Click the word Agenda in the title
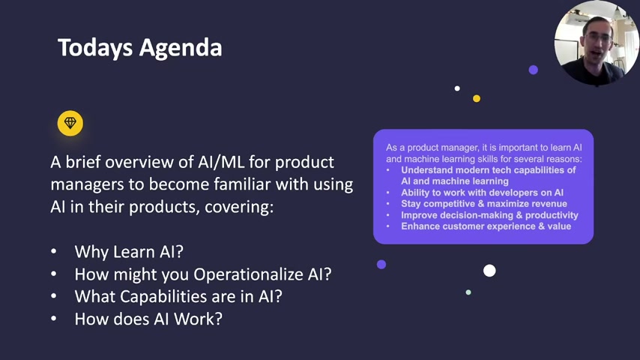(181, 48)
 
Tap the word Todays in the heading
(95, 48)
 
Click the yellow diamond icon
(70, 123)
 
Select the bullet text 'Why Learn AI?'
(129, 252)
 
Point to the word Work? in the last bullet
(199, 319)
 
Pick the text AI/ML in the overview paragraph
(221, 162)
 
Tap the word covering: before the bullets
(239, 207)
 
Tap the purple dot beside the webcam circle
(533, 70)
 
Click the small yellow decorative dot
(477, 98)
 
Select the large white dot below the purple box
(489, 271)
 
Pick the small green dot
(468, 292)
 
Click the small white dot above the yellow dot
(457, 88)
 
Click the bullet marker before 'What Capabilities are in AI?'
(53, 296)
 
